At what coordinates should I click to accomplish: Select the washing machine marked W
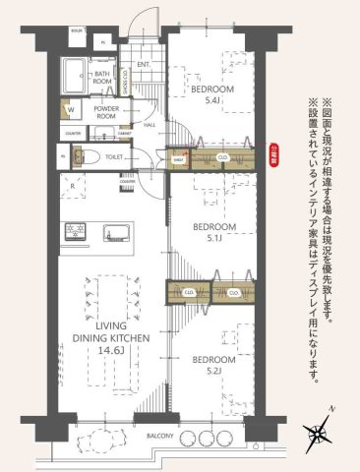point(70,110)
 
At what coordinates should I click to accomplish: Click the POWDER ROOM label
point(107,111)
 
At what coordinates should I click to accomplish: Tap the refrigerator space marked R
point(72,184)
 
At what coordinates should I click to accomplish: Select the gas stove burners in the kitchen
point(75,232)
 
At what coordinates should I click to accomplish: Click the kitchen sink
point(113,232)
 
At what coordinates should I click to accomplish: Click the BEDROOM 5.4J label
point(215,95)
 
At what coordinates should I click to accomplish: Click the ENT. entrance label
point(144,65)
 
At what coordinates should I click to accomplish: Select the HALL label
point(150,125)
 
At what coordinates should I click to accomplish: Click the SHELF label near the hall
point(179,157)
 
